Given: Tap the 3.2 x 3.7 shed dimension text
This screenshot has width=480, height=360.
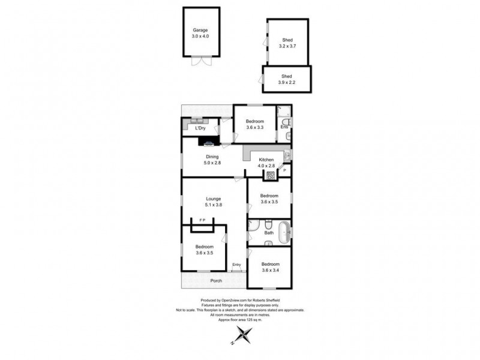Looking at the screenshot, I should [x=288, y=46].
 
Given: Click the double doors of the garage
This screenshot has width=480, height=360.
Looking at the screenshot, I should [x=201, y=61].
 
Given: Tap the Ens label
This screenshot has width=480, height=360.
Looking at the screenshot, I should [x=285, y=127].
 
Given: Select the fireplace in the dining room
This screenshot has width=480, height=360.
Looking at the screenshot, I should [x=209, y=143].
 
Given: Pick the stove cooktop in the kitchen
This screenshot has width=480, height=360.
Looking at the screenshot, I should [x=271, y=176].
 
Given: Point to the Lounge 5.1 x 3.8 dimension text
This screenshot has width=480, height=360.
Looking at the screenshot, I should [x=213, y=205].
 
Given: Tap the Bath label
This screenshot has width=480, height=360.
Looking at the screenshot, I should [x=269, y=233].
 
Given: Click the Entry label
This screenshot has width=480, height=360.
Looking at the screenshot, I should [x=237, y=265].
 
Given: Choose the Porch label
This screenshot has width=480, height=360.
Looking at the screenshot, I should [x=216, y=280].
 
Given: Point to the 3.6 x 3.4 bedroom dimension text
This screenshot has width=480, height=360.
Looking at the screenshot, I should [x=270, y=270].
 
